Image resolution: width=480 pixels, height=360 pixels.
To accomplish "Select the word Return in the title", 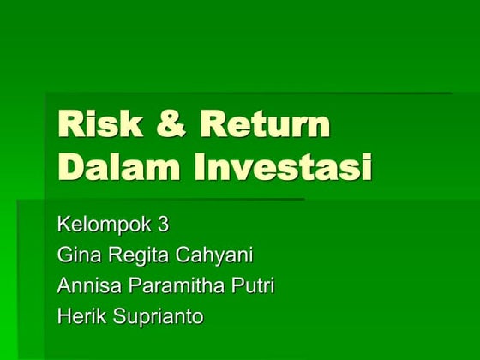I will (264, 125).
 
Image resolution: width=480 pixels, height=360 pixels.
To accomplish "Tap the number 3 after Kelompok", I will (163, 225).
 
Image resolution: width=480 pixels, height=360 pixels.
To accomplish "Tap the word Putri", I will (253, 285).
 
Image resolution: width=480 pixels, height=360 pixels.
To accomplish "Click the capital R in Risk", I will (69, 125).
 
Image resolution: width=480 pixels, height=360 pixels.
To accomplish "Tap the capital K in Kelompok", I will (63, 225).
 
